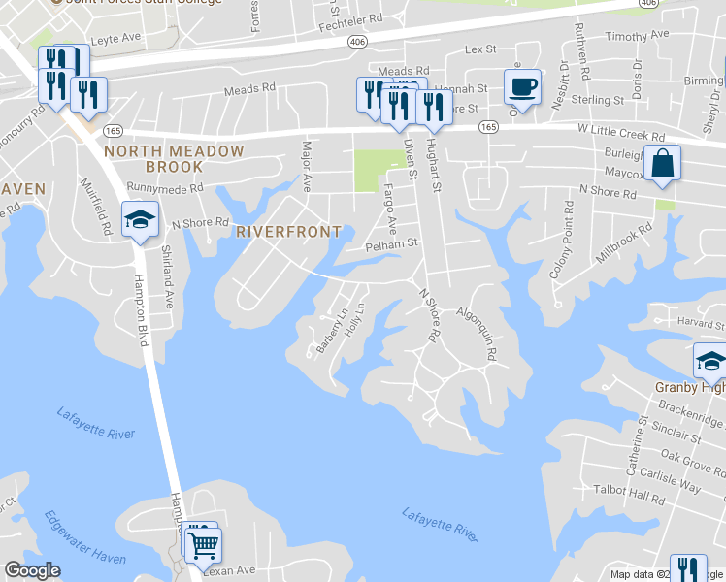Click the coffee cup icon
tap(522, 87)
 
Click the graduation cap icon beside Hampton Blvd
tap(140, 220)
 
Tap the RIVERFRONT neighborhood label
tap(288, 232)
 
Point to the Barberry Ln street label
tap(332, 331)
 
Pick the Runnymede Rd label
tap(164, 190)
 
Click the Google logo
tap(33, 570)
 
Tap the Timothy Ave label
tap(637, 35)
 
